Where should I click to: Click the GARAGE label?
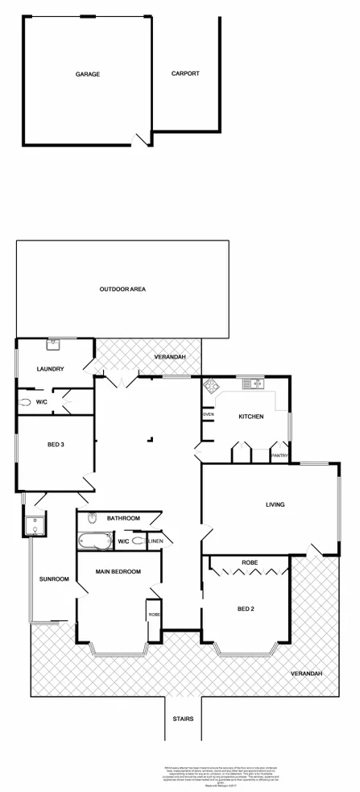coord(88,74)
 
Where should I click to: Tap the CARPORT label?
coord(185,74)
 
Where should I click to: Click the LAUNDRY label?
coord(51,370)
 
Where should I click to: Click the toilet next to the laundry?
coord(27,401)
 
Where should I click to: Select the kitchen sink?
coord(256,383)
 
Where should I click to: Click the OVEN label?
coord(208,414)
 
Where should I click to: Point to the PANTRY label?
coord(279,456)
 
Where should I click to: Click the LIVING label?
coord(275,505)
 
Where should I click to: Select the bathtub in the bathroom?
coord(95,542)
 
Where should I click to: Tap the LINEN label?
coord(155,541)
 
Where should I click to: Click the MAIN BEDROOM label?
coord(118,571)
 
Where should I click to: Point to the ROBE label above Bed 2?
coord(249,562)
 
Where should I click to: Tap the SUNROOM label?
coord(54,579)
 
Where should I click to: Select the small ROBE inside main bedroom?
coord(154,614)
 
